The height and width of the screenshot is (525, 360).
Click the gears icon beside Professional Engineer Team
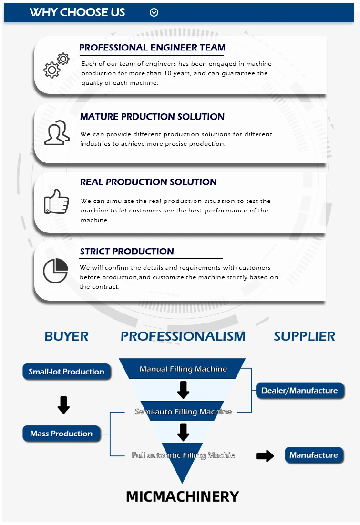56,66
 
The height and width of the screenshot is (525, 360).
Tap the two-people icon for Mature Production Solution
57,133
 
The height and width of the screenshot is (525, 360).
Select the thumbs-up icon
56,201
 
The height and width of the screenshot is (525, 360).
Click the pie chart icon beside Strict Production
55,271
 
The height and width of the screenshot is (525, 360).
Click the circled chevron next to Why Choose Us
154,13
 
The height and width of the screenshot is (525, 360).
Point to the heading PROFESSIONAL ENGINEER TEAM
152,48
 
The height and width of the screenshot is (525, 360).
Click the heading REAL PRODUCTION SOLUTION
148,182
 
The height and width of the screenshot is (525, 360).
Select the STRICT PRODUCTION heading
127,252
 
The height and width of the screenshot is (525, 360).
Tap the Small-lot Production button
66,372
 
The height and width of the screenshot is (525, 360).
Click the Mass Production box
62,434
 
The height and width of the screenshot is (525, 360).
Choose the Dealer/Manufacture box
299,391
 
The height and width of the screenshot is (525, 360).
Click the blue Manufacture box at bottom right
313,455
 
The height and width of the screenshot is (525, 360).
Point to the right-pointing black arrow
265,456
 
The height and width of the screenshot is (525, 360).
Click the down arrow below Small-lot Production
63,405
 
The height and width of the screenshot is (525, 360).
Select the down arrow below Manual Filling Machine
183,390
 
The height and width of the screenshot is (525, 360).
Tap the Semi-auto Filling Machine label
183,412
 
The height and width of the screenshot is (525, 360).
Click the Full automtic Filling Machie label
183,455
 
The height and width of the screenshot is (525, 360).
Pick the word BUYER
66,336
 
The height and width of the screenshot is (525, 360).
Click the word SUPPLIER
304,336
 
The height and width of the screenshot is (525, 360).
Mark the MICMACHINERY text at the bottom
182,496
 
